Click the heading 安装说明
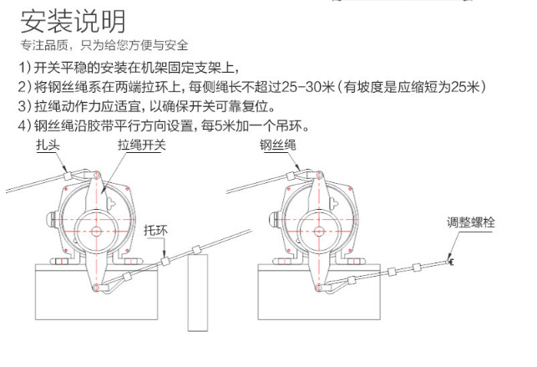click(x=73, y=21)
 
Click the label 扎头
click(x=48, y=145)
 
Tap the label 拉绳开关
click(x=142, y=145)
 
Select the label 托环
click(x=156, y=230)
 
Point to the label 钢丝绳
click(x=278, y=145)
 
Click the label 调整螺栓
click(x=470, y=222)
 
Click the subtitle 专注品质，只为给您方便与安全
click(x=104, y=45)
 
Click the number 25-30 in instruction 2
click(x=301, y=87)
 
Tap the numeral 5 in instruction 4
click(x=218, y=125)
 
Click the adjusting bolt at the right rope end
click(x=450, y=263)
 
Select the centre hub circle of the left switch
click(x=96, y=232)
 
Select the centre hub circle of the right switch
click(x=319, y=232)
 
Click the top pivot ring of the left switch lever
click(x=96, y=176)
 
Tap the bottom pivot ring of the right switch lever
click(x=319, y=287)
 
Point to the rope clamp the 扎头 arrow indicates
click(x=68, y=176)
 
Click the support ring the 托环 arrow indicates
click(x=165, y=262)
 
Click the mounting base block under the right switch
click(x=319, y=292)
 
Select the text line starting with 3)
click(x=147, y=106)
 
